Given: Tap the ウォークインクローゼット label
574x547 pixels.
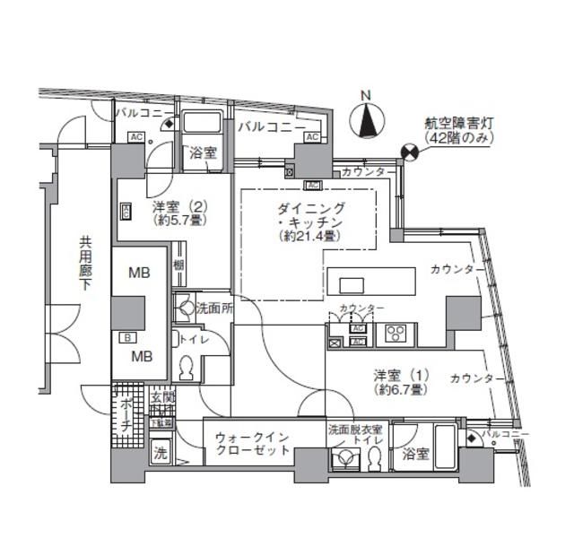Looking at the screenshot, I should [x=252, y=444].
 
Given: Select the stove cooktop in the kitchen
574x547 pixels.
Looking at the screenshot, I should [x=396, y=334].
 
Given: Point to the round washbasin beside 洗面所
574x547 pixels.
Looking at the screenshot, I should [x=185, y=308].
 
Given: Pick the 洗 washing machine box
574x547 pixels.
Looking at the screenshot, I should [x=161, y=454].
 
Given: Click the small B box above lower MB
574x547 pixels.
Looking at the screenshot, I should [x=127, y=337].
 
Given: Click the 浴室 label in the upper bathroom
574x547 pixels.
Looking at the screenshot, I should [x=202, y=153].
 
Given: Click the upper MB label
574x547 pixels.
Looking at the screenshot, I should [x=137, y=273].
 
